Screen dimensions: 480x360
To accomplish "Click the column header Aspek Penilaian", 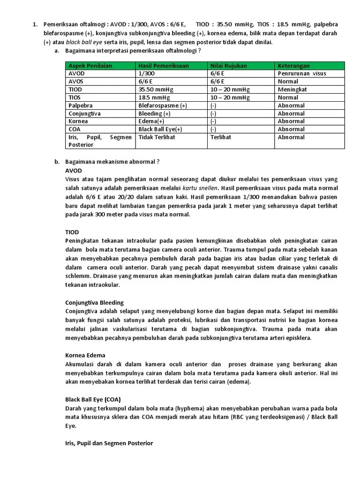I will [x=90, y=66].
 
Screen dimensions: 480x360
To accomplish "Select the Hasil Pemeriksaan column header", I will [x=164, y=66].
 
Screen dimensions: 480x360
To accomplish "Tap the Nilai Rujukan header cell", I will [x=229, y=66].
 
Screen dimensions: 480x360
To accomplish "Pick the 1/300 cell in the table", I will [x=146, y=74].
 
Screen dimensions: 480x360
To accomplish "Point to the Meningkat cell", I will [x=292, y=90].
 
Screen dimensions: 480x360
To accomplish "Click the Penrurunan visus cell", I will [x=302, y=74].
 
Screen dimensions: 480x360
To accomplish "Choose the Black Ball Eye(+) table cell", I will [x=160, y=129].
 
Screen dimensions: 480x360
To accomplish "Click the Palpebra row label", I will [x=81, y=105].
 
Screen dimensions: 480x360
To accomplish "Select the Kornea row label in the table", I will [x=78, y=121].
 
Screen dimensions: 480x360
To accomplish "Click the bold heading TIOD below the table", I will [x=72, y=232].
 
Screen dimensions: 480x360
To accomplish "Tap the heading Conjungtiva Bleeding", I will [x=94, y=302].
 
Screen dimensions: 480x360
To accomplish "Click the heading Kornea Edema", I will [x=85, y=355].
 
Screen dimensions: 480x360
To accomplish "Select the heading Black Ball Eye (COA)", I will [x=93, y=399].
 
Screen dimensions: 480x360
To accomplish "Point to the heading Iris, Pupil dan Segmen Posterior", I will [x=109, y=443].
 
